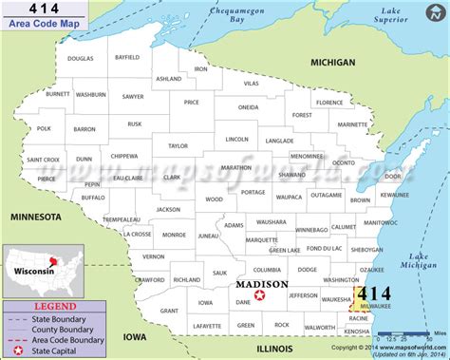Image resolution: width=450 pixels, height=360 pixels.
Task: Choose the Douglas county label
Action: coord(81,59)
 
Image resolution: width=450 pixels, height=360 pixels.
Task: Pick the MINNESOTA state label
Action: coord(35,217)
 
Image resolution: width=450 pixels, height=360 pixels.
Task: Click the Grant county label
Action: coord(169,311)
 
